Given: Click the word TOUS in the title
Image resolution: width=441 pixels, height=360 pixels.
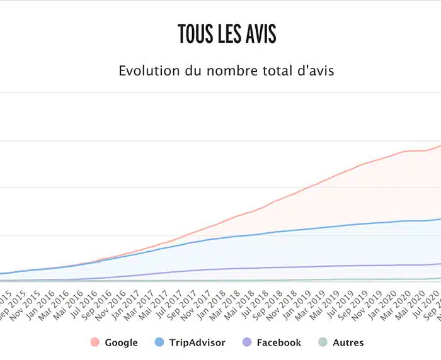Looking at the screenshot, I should pos(194,35).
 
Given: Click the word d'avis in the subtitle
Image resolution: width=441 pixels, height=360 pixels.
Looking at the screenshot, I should pos(313,70).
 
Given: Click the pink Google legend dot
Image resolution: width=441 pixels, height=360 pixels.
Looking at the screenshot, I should pos(95,342).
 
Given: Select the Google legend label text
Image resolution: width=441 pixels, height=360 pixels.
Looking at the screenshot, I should pos(121,343).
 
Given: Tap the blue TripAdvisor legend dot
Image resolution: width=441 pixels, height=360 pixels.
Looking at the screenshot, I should pos(159,342).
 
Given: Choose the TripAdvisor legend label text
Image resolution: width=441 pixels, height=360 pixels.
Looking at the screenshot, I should pos(197,343).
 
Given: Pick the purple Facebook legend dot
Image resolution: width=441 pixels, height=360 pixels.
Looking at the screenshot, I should pos(247,342).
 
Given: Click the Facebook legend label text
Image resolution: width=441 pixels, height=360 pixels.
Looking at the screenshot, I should pos(278,343).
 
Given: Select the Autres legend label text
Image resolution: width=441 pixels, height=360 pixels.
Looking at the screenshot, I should pos(348,343).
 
